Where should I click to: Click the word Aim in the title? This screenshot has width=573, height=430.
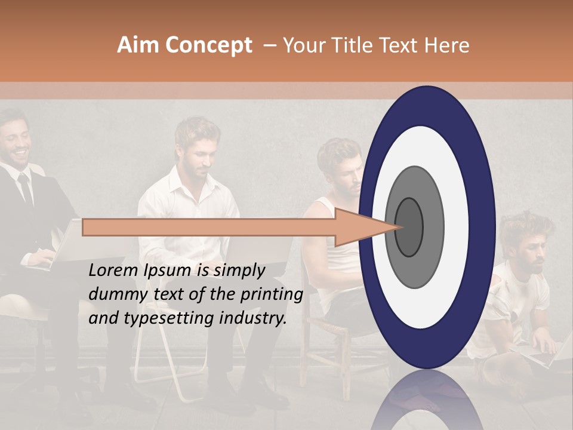pyautogui.click(x=138, y=45)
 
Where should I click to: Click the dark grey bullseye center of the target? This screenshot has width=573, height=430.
pyautogui.click(x=409, y=227)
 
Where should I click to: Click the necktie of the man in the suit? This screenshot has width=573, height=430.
pyautogui.click(x=26, y=189)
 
